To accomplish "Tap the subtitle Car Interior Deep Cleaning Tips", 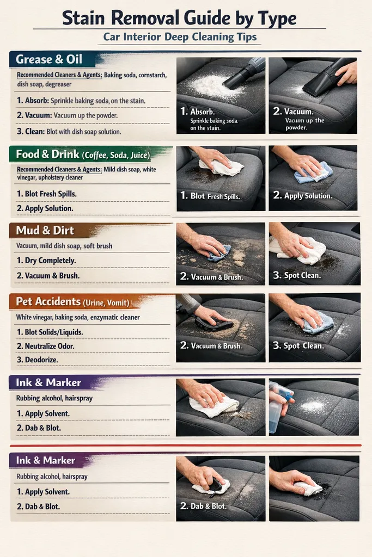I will point(180,39).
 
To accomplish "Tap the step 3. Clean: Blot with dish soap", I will point(69,131).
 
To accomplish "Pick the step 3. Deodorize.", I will point(37,360).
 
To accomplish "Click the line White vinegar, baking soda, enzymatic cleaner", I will point(78,317).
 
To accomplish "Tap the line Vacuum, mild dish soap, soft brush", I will point(64,246).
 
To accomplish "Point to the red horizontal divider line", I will point(185,444).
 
